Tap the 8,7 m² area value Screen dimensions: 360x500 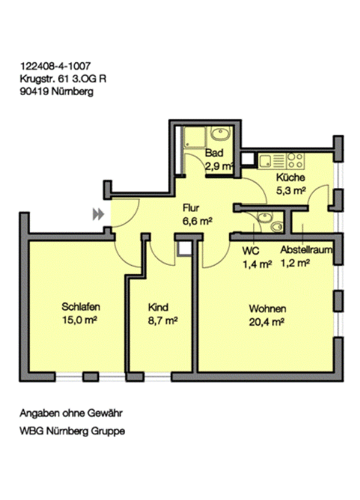[163, 320]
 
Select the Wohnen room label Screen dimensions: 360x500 [267, 309]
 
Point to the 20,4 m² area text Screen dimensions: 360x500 [266, 322]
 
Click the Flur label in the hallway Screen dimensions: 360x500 [191, 208]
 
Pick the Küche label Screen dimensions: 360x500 [290, 177]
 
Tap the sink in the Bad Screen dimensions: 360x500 [221, 134]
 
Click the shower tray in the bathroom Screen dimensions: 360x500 [195, 138]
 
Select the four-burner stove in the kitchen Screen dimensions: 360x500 [295, 161]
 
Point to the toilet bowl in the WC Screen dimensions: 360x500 [277, 227]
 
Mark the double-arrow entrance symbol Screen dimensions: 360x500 [98, 214]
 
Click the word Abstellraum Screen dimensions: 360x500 [306, 250]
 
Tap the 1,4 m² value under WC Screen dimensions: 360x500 [257, 264]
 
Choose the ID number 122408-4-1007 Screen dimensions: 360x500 [55, 66]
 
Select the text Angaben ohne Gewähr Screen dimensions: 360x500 [71, 413]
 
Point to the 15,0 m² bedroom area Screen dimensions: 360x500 [79, 320]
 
